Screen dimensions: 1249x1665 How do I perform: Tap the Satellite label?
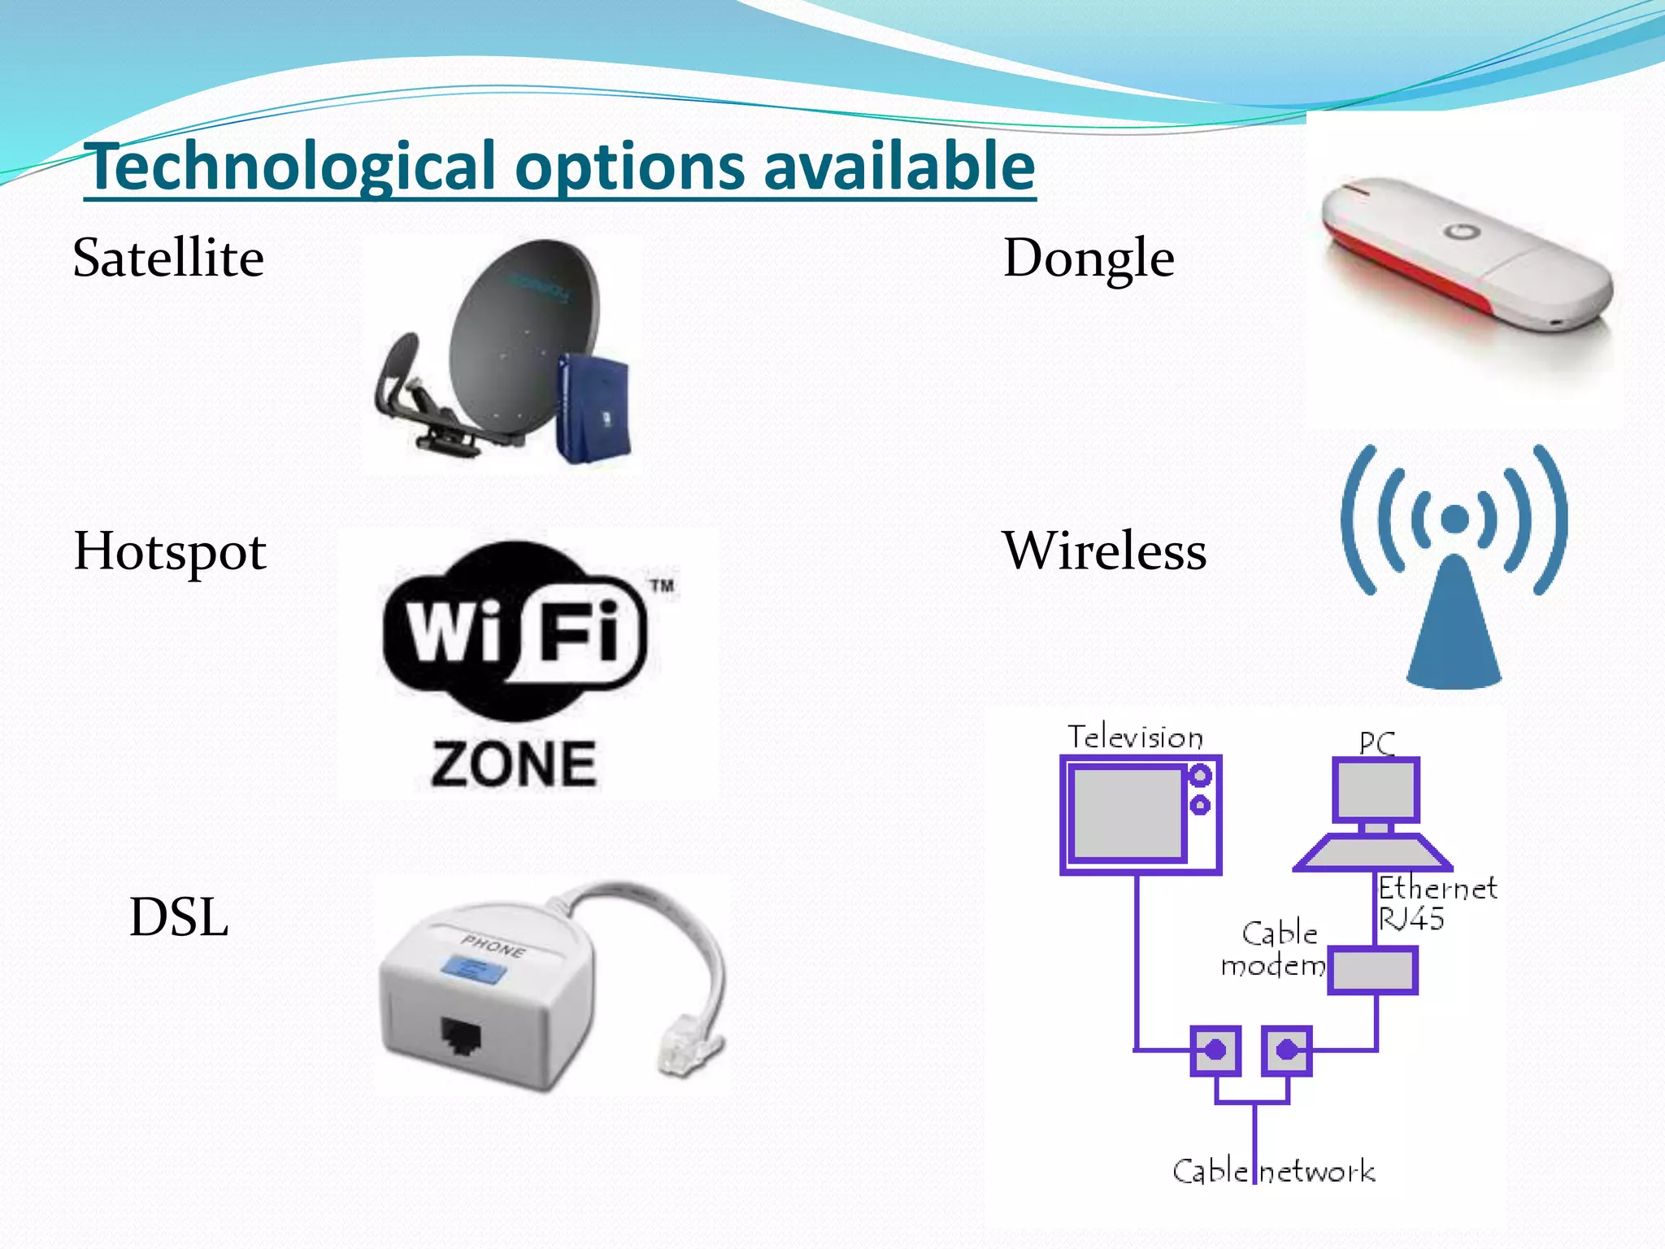tap(168, 259)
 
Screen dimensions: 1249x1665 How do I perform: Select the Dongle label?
tap(1089, 259)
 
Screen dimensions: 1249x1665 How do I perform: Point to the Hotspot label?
tap(170, 552)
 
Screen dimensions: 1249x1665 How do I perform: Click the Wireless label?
tap(1104, 551)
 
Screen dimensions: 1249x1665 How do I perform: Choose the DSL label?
tap(179, 918)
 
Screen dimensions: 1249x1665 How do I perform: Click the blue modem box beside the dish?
tap(593, 407)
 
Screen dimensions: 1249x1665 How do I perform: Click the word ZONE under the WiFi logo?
tap(514, 764)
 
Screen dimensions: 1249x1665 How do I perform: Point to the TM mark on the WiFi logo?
tap(663, 585)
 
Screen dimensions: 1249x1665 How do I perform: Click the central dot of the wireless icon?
tap(1454, 519)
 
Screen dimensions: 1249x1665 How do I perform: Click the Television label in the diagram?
tap(1135, 738)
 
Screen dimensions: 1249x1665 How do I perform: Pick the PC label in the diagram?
tap(1376, 742)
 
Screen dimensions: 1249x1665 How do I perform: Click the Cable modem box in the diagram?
tap(1372, 970)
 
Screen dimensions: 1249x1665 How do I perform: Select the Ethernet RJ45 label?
tap(1436, 903)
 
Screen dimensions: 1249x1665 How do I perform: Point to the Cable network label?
tap(1273, 1172)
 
